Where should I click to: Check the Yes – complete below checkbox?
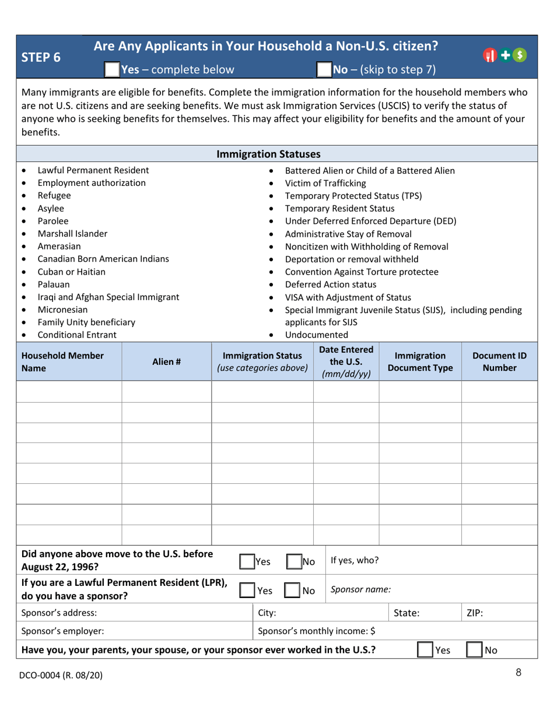coord(112,70)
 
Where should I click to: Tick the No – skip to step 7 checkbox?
coord(324,70)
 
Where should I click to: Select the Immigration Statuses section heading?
coord(277,154)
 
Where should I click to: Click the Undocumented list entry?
coord(317,335)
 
